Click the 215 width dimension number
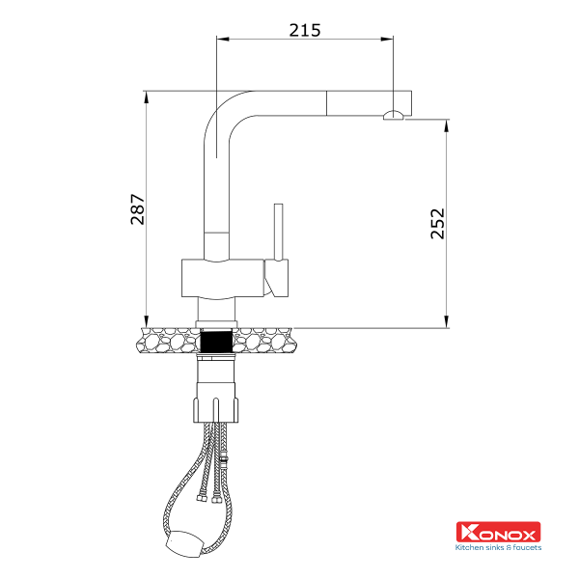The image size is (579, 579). click(x=305, y=29)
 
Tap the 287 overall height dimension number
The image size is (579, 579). click(x=137, y=209)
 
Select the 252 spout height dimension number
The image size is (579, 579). click(x=437, y=224)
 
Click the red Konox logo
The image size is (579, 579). click(x=498, y=532)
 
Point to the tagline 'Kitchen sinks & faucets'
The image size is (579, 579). click(x=498, y=548)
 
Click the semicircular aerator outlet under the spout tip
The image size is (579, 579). click(x=393, y=116)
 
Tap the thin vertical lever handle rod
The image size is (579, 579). click(x=278, y=232)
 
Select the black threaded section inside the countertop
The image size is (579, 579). click(x=217, y=341)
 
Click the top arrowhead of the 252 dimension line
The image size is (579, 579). click(x=446, y=124)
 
